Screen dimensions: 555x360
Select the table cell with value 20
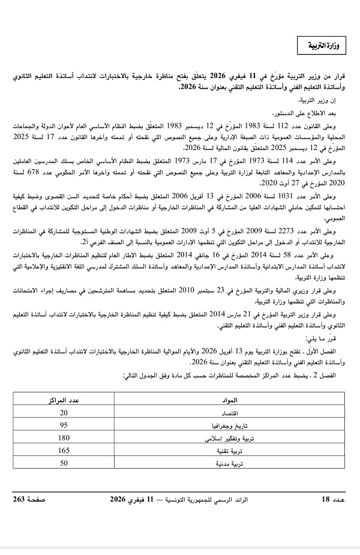click(64, 413)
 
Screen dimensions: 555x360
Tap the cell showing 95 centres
click(64, 425)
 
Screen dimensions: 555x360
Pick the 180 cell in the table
click(64, 438)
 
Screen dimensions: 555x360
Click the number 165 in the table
click(64, 451)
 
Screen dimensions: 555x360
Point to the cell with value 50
click(64, 463)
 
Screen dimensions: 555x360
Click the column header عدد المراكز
click(64, 400)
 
